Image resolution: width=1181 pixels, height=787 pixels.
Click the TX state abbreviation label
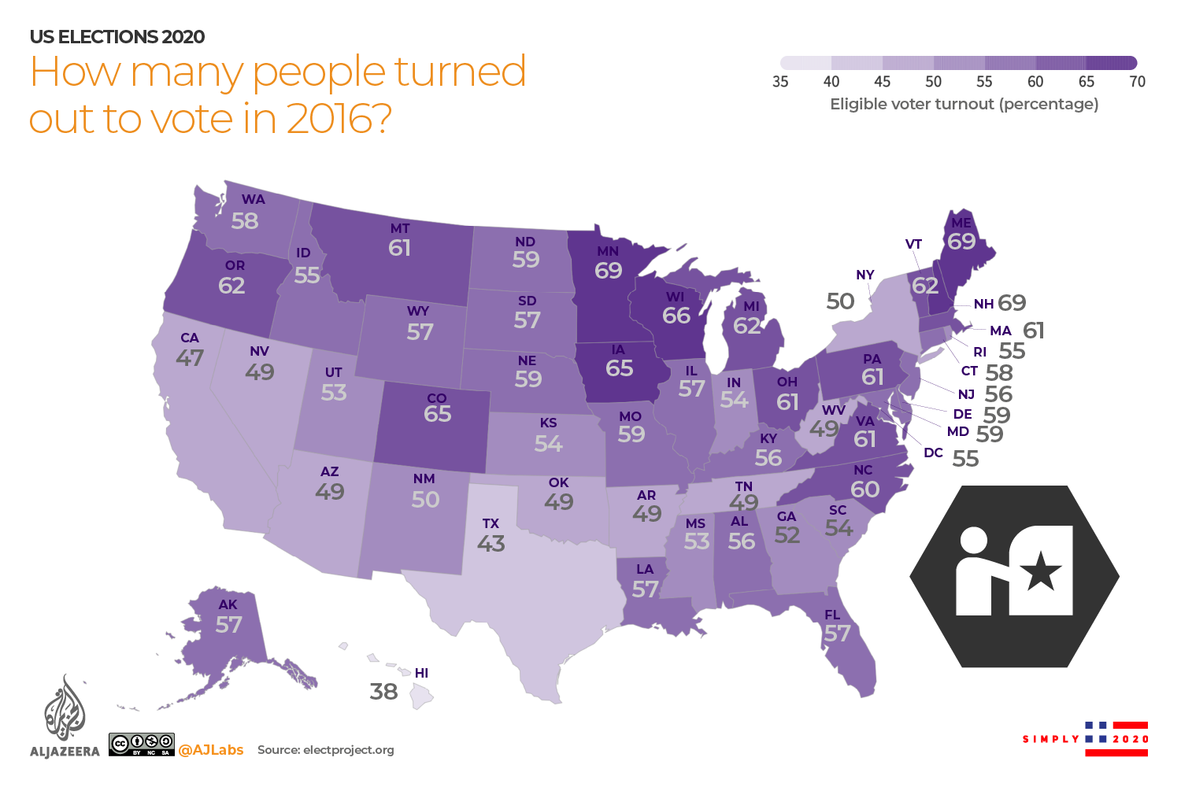(x=491, y=523)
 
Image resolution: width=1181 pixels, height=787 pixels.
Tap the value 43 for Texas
(x=491, y=543)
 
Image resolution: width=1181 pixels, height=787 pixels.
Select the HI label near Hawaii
(x=421, y=673)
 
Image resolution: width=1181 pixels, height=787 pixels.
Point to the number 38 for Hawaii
(x=383, y=692)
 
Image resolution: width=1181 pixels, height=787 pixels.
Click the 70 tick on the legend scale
(x=1137, y=81)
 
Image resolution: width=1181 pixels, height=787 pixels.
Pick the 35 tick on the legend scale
(x=780, y=81)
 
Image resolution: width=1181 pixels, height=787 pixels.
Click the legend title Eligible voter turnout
(x=964, y=104)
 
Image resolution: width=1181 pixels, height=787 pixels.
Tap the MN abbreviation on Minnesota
(x=607, y=251)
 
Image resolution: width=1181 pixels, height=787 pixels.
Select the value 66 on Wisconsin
(x=676, y=316)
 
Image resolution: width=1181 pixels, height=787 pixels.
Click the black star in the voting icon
(x=1041, y=571)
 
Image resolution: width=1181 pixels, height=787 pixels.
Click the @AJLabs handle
(x=211, y=750)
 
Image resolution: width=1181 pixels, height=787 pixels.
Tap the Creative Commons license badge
(x=142, y=745)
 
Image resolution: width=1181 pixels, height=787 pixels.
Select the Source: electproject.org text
(x=325, y=750)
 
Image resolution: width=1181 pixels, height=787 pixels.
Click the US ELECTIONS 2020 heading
(x=117, y=37)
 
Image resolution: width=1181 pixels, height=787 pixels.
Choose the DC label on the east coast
(x=933, y=453)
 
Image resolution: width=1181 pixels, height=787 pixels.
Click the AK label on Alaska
(x=228, y=604)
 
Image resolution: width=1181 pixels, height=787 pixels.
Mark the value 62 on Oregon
(x=231, y=286)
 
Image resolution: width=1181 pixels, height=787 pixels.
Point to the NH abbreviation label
(x=983, y=304)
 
